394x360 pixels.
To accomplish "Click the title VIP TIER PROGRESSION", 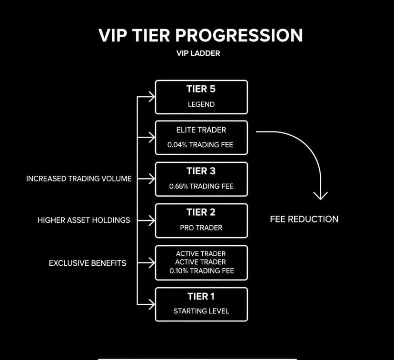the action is click(x=200, y=36).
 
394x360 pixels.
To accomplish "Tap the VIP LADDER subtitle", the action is click(x=198, y=53).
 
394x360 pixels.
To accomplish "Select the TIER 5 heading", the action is click(x=201, y=90).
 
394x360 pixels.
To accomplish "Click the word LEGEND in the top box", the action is click(x=201, y=104).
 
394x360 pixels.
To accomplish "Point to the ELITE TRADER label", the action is click(x=201, y=129).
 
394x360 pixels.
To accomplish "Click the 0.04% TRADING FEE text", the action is click(x=200, y=145).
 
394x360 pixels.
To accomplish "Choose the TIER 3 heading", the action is click(x=201, y=171).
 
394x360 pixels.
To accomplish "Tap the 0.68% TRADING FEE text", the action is click(x=201, y=186).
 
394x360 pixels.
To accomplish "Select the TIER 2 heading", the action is click(x=201, y=212).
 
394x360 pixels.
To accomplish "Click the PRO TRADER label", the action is click(x=201, y=228).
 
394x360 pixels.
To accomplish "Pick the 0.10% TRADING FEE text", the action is click(x=201, y=271).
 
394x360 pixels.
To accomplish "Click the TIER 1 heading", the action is click(x=201, y=296).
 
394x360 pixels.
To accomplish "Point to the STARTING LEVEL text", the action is click(x=201, y=311).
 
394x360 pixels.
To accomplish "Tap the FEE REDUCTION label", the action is click(x=304, y=219).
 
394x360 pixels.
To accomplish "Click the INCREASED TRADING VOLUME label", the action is click(x=79, y=179).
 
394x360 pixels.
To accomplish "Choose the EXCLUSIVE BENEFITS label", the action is click(x=88, y=262).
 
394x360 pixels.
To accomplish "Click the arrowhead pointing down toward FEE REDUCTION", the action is click(x=320, y=195).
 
